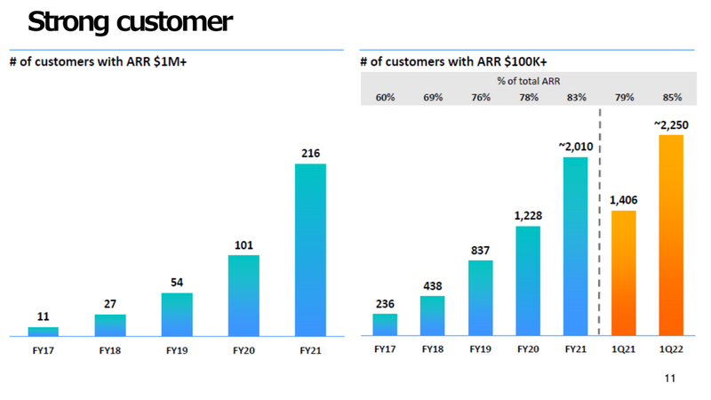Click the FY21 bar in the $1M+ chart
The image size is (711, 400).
click(x=310, y=250)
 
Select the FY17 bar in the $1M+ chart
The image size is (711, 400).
click(x=44, y=332)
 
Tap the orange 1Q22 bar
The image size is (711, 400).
click(x=671, y=236)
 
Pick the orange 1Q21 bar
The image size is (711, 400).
click(x=624, y=273)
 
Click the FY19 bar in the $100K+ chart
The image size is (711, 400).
click(x=480, y=299)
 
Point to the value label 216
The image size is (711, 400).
click(x=310, y=154)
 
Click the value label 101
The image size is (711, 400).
click(x=244, y=244)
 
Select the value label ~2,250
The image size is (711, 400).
click(x=670, y=125)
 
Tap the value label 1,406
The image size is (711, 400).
click(x=624, y=200)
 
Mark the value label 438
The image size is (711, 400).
click(x=432, y=286)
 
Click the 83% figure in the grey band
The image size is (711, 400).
click(x=575, y=98)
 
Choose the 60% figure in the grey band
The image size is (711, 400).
click(x=385, y=98)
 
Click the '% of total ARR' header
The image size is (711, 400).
click(x=528, y=82)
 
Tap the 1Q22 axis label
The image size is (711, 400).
click(x=671, y=350)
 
